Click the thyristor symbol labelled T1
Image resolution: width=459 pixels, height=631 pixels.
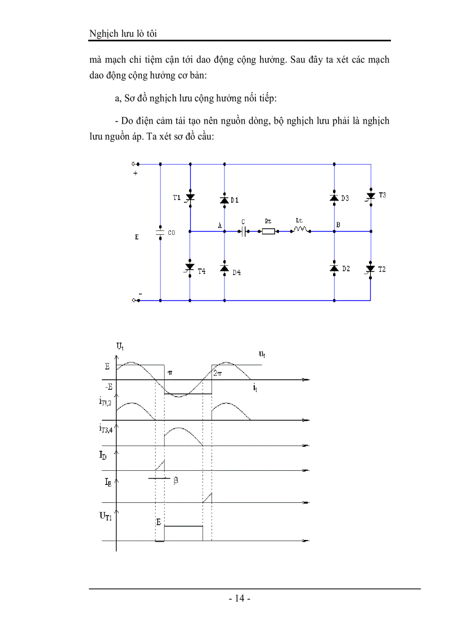pos(190,198)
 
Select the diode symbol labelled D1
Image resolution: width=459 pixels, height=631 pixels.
pos(224,200)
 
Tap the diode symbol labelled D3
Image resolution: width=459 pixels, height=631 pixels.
pos(334,198)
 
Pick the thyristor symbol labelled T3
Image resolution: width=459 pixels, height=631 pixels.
pos(370,197)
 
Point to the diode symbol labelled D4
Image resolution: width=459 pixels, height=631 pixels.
pos(224,269)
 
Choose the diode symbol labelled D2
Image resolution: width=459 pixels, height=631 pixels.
pos(334,268)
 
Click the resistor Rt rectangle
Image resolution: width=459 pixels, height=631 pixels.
pos(268,231)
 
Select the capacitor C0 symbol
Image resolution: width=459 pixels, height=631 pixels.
pos(160,231)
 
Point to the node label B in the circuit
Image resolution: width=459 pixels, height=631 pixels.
pos(338,225)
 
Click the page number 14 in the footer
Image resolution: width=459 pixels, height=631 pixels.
pos(240,598)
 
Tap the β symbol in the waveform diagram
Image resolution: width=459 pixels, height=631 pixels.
pos(175,481)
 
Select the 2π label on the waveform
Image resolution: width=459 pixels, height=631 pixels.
pos(218,371)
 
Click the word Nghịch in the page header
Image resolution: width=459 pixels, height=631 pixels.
pos(102,34)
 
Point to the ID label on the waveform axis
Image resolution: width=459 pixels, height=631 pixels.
pos(107,459)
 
